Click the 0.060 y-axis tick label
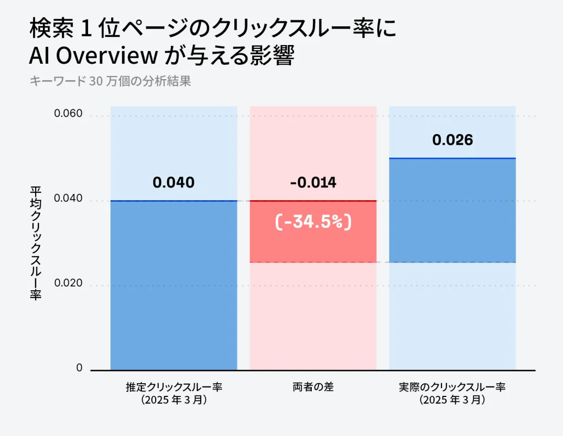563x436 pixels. tap(68, 114)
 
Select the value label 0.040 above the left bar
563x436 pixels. tap(173, 183)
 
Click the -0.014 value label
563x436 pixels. tap(313, 183)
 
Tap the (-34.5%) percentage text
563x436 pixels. tap(313, 223)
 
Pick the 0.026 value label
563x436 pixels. tap(452, 140)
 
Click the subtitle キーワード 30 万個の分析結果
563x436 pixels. tap(110, 81)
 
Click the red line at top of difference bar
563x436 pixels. tap(313, 201)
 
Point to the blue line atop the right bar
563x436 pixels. tap(452, 158)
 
